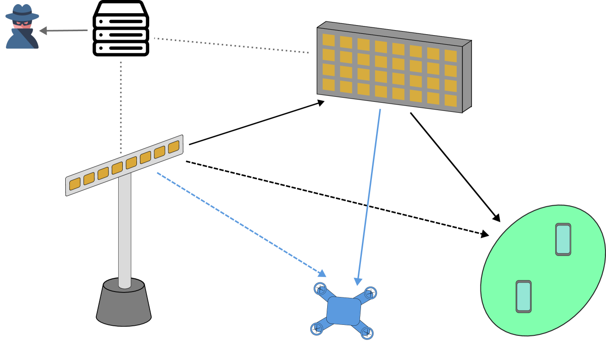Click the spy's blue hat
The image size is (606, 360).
coord(22,12)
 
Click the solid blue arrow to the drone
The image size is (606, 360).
coord(369,196)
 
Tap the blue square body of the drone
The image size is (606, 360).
coord(344,311)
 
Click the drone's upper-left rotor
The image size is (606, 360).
coord(320,289)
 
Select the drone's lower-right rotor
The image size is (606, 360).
coord(367,333)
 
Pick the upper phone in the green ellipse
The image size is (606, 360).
coord(563,239)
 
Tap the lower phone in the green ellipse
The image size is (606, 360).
coord(523,297)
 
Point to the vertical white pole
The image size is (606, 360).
coord(125,228)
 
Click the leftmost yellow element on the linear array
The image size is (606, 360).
coord(75,184)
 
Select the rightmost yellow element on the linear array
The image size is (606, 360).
coord(173,147)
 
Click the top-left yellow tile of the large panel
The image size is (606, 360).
coord(329,40)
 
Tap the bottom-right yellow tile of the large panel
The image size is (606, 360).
coord(450,100)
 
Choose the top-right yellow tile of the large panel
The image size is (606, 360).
coord(450,56)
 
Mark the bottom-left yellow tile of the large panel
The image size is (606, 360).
coord(329,84)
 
